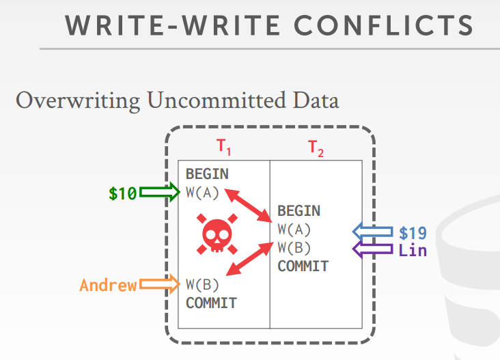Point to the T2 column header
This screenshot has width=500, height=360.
pyautogui.click(x=316, y=148)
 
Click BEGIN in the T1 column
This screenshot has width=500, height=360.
pyautogui.click(x=207, y=174)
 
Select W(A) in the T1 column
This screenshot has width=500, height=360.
pyautogui.click(x=203, y=192)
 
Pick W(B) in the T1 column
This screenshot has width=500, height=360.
pyautogui.click(x=203, y=284)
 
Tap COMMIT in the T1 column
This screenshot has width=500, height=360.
pyautogui.click(x=211, y=303)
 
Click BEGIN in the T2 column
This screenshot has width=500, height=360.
pyautogui.click(x=298, y=211)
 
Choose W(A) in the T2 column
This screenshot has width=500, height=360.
pyautogui.click(x=294, y=230)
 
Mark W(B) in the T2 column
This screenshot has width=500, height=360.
pyautogui.click(x=294, y=247)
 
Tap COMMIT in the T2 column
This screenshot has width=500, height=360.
pyautogui.click(x=303, y=266)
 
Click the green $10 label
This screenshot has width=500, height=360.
pyautogui.click(x=122, y=193)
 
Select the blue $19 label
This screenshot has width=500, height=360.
pyautogui.click(x=413, y=233)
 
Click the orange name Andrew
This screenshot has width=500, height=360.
pyautogui.click(x=108, y=286)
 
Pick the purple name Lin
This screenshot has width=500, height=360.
pyautogui.click(x=413, y=251)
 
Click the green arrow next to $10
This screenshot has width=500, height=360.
pyautogui.click(x=159, y=193)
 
